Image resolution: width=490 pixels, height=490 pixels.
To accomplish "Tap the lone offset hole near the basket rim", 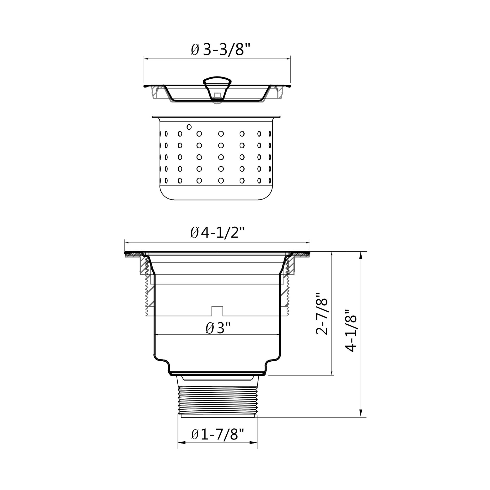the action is [189, 127].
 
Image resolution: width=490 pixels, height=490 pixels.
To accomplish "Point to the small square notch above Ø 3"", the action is [217, 311].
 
